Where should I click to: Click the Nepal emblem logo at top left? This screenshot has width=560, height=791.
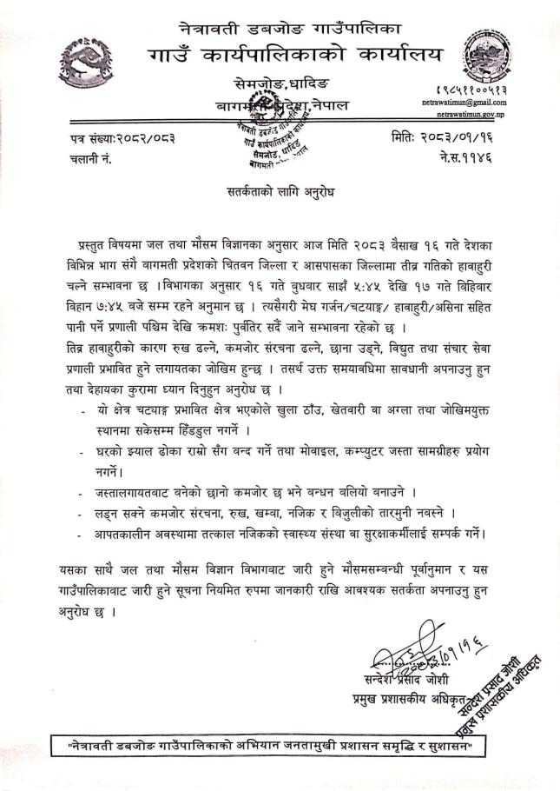pyautogui.click(x=86, y=62)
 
